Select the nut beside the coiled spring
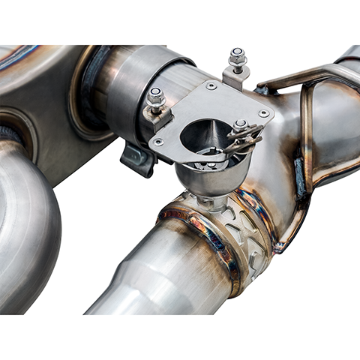pos(240,125)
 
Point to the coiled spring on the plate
pos(246,139)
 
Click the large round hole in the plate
pos(201,136)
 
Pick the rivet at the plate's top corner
pos(211,86)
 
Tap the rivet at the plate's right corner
pos(263,114)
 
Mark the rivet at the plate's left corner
pos(159,139)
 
